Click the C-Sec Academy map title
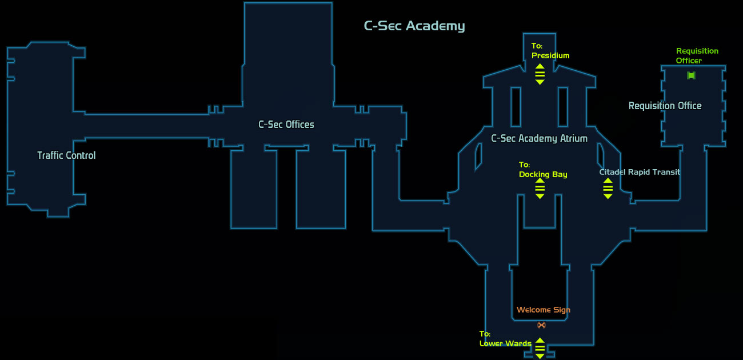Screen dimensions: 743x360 pyautogui.click(x=414, y=26)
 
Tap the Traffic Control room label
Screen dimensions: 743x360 pyautogui.click(x=66, y=155)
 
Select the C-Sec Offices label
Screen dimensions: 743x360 pyautogui.click(x=286, y=125)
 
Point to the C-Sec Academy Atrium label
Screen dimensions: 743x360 pyautogui.click(x=540, y=138)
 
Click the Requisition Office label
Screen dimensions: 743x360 pyautogui.click(x=665, y=106)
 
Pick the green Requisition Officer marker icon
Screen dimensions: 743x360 pyautogui.click(x=691, y=75)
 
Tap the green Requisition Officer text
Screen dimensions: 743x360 pyautogui.click(x=697, y=55)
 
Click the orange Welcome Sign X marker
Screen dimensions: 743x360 pyautogui.click(x=541, y=325)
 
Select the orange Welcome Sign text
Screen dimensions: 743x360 pyautogui.click(x=544, y=310)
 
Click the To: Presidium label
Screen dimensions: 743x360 pyautogui.click(x=550, y=51)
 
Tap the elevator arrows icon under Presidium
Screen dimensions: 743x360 pyautogui.click(x=540, y=74)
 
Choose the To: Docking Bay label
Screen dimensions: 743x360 pyautogui.click(x=543, y=170)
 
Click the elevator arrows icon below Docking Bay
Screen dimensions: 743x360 pyautogui.click(x=540, y=189)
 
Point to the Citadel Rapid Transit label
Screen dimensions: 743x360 pyautogui.click(x=640, y=172)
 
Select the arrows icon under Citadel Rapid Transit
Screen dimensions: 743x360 pyautogui.click(x=608, y=189)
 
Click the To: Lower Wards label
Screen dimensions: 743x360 pyautogui.click(x=505, y=339)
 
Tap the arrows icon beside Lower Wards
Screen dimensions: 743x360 pyautogui.click(x=540, y=348)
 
